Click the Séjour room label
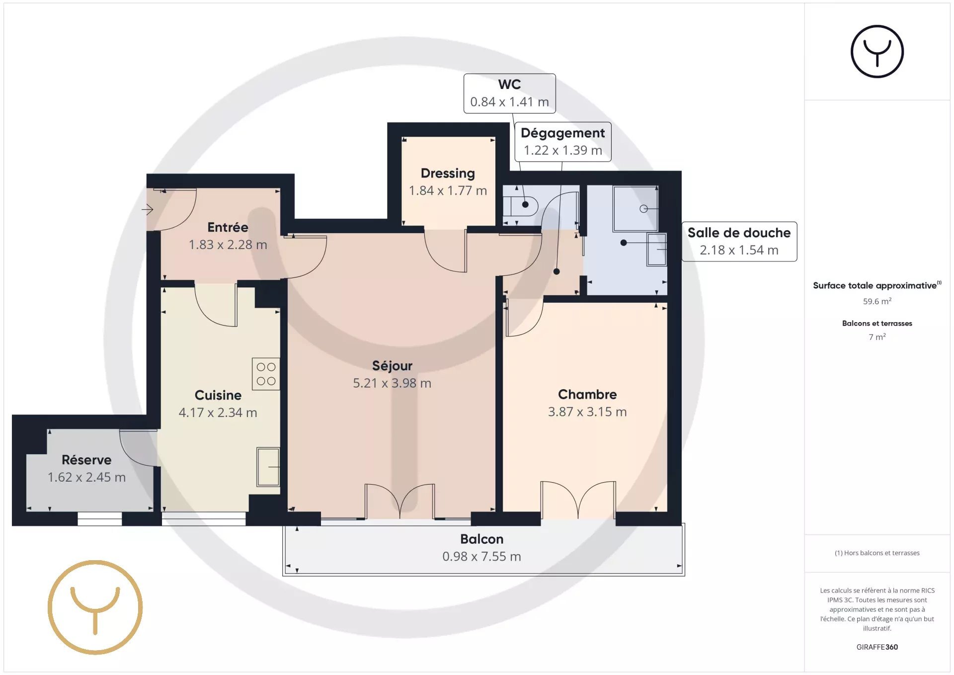click(392, 366)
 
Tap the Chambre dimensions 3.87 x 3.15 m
click(587, 412)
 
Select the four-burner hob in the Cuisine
click(266, 374)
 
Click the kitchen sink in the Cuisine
click(268, 467)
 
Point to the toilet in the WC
click(521, 205)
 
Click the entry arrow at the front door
click(147, 209)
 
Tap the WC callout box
click(510, 93)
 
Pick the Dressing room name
click(448, 173)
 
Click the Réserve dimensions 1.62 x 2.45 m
click(86, 477)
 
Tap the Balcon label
click(481, 539)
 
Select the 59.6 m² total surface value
click(877, 301)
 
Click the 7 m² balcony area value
click(877, 337)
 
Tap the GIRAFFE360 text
click(877, 647)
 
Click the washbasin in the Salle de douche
click(656, 249)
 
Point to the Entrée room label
click(228, 227)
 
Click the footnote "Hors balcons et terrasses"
click(881, 553)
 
